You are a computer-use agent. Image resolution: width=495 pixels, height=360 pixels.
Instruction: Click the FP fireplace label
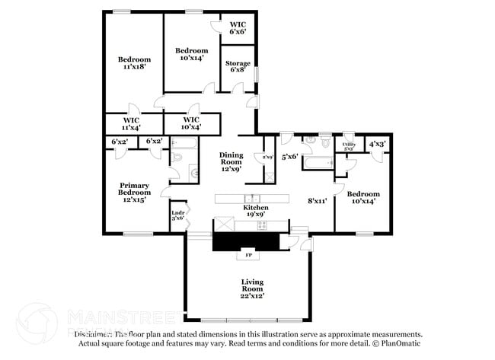point(247,255)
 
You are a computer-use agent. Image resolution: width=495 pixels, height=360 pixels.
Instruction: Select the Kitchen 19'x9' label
point(255,211)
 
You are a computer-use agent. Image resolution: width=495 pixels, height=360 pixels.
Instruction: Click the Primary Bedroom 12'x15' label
point(133,192)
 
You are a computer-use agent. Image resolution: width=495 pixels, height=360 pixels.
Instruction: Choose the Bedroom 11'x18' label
point(133,62)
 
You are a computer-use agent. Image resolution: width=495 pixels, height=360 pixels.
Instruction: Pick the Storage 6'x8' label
point(238,66)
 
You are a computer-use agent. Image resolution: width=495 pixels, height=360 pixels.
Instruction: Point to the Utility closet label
point(348,145)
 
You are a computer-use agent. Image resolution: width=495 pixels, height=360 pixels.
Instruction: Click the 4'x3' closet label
point(376,143)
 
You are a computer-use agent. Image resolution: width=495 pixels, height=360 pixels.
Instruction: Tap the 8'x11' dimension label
point(316,201)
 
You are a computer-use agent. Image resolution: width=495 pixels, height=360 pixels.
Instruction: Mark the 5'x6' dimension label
point(289,157)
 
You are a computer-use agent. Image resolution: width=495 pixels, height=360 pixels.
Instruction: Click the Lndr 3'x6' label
point(177,215)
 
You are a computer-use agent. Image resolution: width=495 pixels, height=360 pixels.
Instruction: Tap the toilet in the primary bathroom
point(176,158)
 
